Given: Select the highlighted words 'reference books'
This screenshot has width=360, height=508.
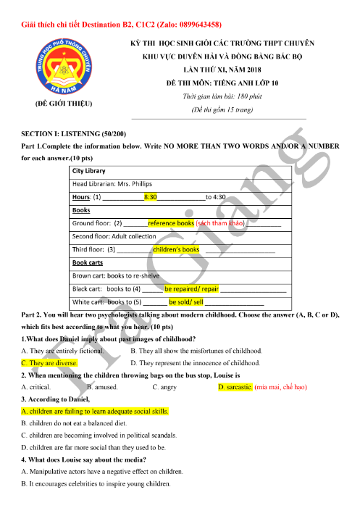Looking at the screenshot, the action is (x=171, y=223).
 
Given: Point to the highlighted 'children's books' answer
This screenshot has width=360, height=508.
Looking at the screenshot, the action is (x=176, y=249).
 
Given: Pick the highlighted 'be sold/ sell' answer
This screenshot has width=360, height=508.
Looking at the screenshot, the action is (x=186, y=301).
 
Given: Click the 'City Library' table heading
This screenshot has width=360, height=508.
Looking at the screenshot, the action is (x=89, y=171).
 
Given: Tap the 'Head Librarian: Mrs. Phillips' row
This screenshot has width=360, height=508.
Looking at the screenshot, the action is (x=109, y=184).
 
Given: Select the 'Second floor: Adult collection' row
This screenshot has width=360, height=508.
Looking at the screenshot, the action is (x=114, y=236).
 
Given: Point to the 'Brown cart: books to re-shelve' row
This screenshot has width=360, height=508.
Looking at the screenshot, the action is (x=116, y=275).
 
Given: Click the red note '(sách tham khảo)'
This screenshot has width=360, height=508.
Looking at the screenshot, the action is (x=221, y=223).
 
